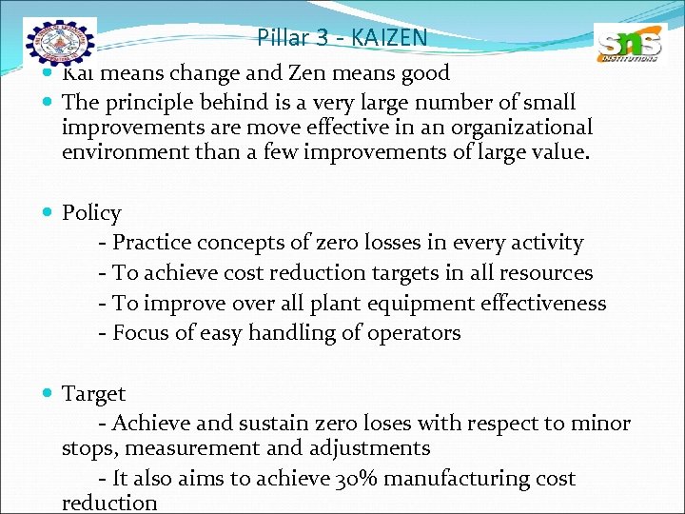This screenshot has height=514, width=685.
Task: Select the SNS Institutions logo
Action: click(627, 45)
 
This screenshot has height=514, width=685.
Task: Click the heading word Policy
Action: click(91, 213)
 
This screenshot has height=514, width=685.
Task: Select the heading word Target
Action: click(93, 393)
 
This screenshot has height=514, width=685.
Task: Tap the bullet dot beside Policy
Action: click(49, 214)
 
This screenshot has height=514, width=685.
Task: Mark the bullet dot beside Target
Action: click(49, 394)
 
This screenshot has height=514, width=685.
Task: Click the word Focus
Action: click(141, 333)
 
